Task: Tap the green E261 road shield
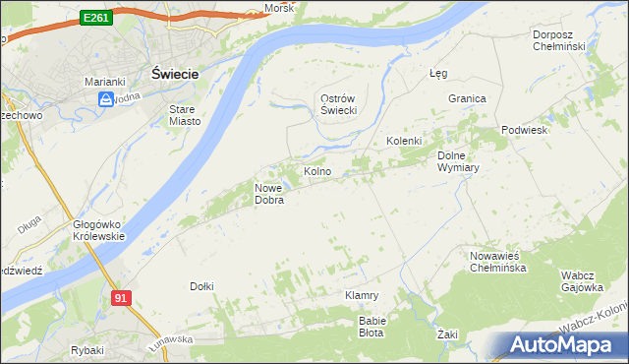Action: pos(96,18)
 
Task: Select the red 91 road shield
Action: pos(121,298)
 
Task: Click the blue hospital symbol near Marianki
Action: pos(105,99)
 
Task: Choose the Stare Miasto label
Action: pos(185,115)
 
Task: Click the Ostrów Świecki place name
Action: pos(338,104)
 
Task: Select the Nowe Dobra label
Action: pos(269,194)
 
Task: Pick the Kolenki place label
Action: pos(403,141)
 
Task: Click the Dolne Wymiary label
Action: pos(457,160)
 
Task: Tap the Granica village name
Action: pos(468,98)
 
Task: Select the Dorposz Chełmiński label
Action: pos(558,40)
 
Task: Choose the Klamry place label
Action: pos(362,295)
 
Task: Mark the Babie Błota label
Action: pos(372,326)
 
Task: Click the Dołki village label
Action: pos(201,286)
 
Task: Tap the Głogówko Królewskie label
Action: pos(98,230)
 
